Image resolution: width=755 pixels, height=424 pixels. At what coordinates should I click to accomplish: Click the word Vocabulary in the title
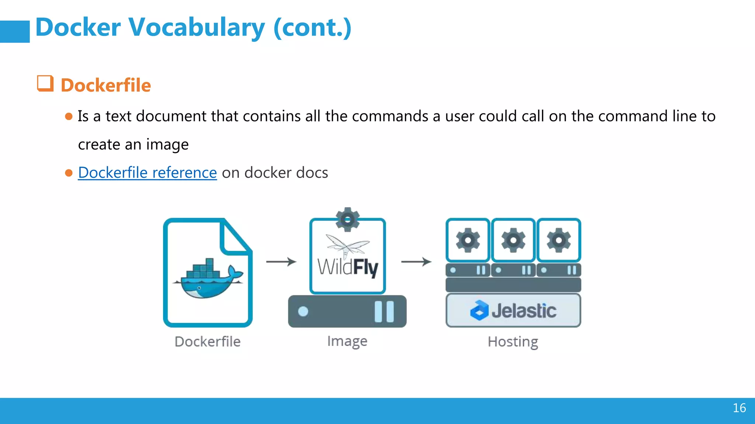[196, 28]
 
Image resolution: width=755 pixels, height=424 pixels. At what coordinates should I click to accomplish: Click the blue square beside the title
[15, 32]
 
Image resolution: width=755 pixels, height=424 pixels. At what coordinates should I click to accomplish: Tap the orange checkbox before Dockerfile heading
[45, 84]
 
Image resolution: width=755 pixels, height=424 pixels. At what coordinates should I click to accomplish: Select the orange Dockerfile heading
[106, 85]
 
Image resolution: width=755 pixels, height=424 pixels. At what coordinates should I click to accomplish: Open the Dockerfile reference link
[147, 173]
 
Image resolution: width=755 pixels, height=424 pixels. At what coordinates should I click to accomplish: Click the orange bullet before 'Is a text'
[69, 117]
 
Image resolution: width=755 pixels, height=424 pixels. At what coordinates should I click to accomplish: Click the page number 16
[739, 408]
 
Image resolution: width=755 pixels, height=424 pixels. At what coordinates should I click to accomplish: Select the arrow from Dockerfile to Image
[281, 262]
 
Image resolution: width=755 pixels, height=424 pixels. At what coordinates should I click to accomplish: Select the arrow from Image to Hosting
[416, 262]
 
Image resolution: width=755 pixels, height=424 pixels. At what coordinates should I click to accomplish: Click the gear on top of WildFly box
[347, 220]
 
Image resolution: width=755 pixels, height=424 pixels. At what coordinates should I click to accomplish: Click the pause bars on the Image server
[384, 312]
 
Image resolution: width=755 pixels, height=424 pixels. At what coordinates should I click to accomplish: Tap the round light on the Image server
[303, 312]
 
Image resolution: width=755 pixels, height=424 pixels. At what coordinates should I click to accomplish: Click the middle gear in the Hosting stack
[513, 240]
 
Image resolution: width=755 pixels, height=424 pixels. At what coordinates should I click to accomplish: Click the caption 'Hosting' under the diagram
[513, 342]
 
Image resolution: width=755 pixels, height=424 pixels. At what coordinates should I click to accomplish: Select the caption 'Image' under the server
[347, 341]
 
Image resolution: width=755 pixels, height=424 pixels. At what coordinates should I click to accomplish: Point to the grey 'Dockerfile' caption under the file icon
[208, 342]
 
